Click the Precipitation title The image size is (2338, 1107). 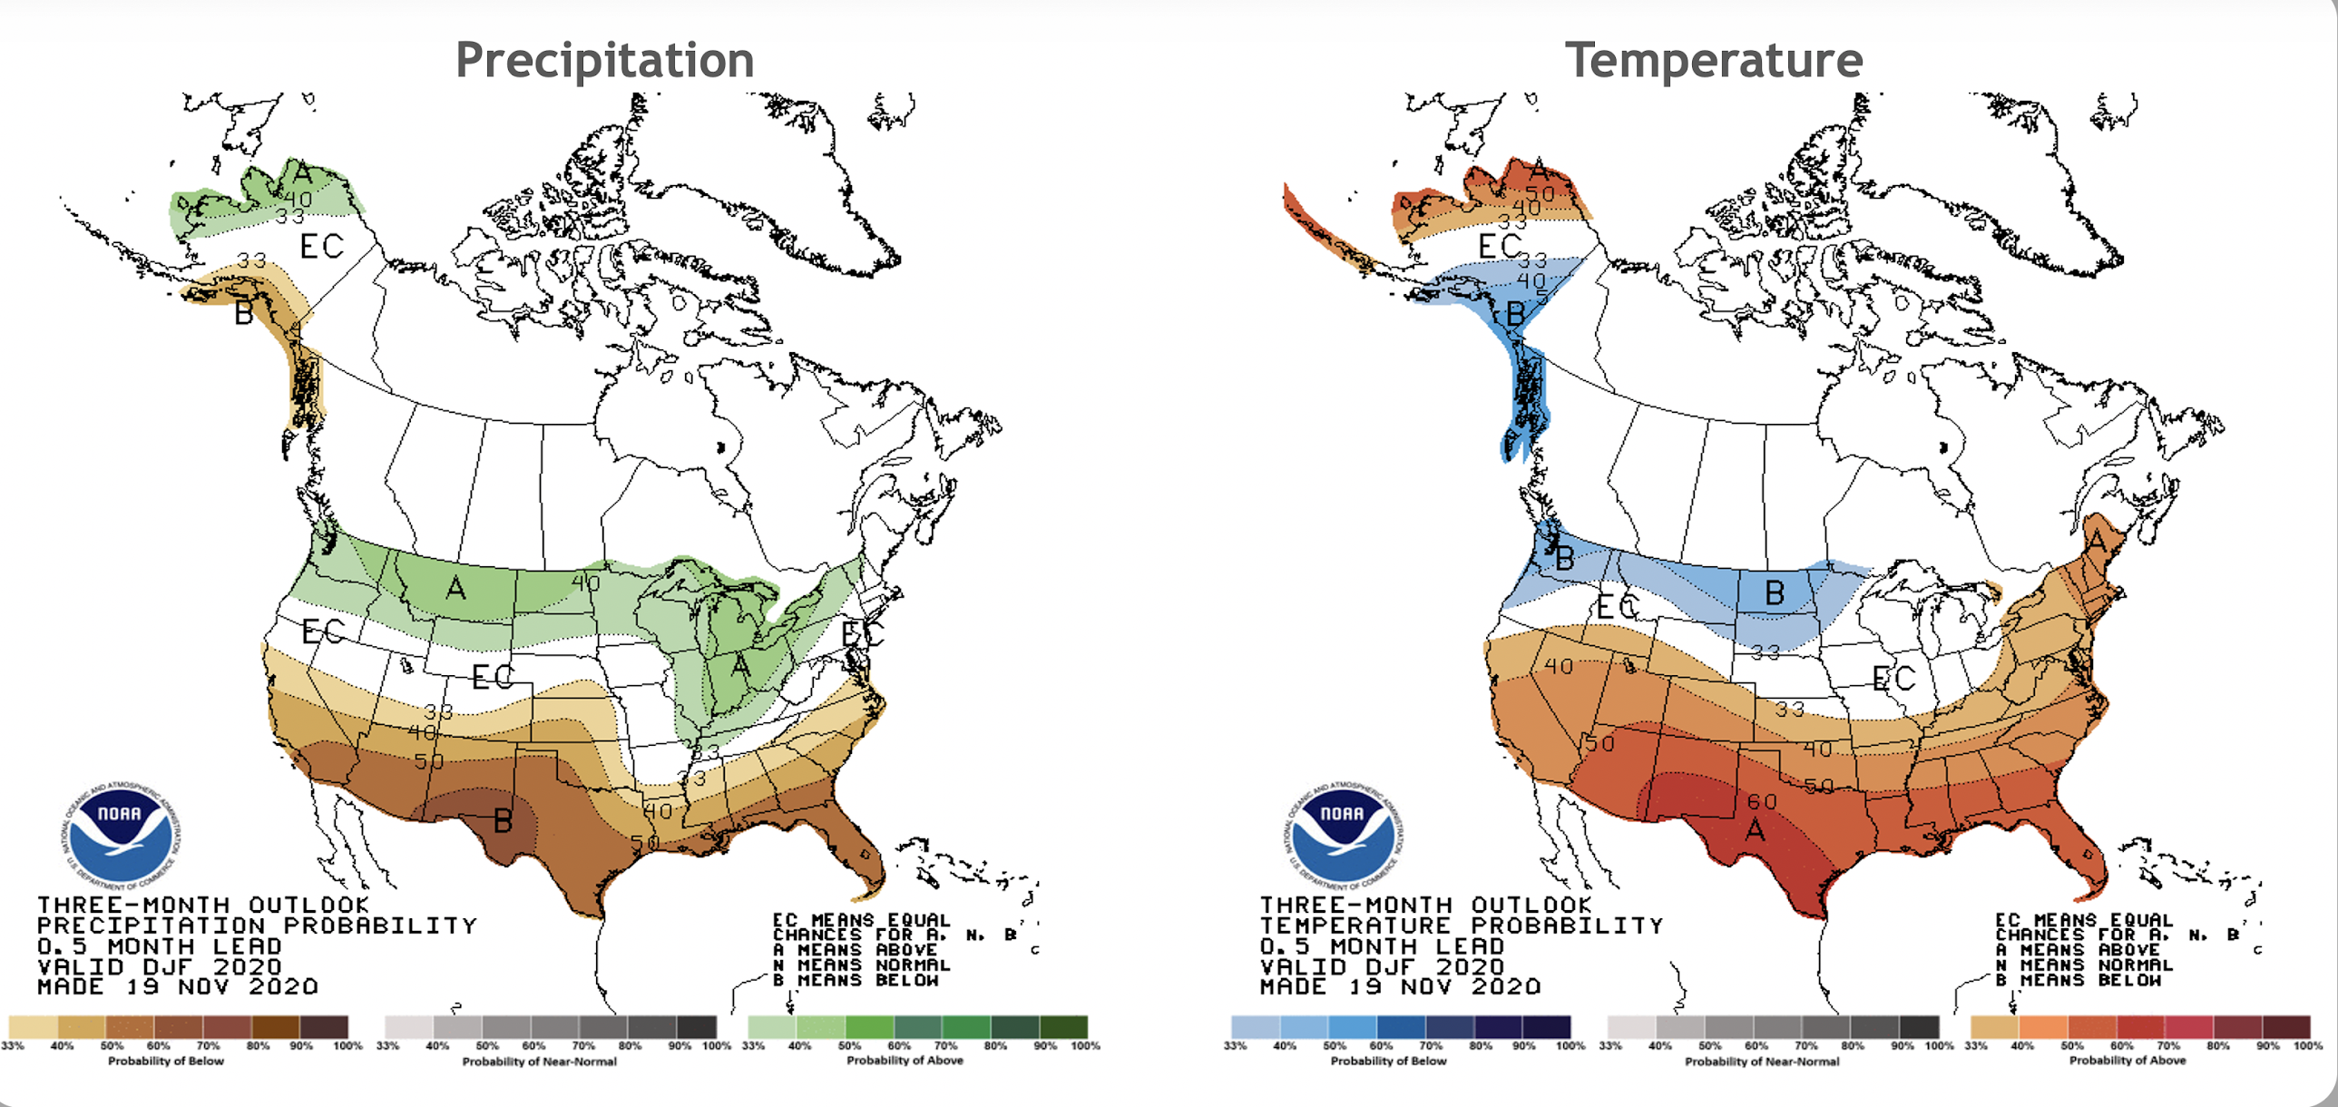point(604,61)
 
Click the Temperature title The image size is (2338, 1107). point(1713,61)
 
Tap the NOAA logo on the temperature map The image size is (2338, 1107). point(1343,833)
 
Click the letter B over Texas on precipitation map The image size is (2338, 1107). point(503,822)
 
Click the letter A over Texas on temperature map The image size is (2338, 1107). point(1756,829)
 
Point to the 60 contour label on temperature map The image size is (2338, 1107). point(1762,802)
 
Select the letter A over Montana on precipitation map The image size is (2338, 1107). point(455,589)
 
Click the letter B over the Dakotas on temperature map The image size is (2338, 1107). point(1775,593)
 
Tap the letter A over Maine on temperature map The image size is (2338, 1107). point(2097,542)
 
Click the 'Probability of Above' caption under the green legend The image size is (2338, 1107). point(904,1060)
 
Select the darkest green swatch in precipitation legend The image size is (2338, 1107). point(1063,1027)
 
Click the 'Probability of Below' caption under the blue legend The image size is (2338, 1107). point(1388,1060)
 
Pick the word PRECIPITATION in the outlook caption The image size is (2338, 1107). point(151,926)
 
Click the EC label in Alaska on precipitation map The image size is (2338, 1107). point(321,246)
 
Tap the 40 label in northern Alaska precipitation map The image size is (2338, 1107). point(298,199)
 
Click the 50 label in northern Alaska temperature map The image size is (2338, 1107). point(1540,193)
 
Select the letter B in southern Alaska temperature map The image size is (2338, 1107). point(1515,314)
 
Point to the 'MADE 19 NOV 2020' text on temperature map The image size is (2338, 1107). point(1400,986)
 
